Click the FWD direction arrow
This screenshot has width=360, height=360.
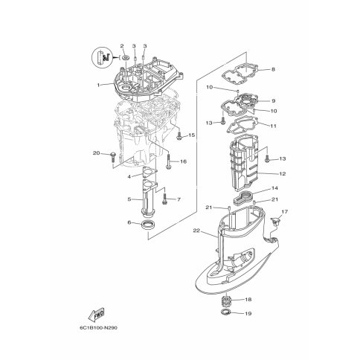[x=96, y=315]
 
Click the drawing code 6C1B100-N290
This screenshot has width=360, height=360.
[x=98, y=328]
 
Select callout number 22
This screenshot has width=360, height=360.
[x=196, y=231]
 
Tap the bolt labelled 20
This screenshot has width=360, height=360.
[x=112, y=156]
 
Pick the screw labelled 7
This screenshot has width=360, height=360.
[x=164, y=199]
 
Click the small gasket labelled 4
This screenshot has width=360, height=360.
[x=150, y=173]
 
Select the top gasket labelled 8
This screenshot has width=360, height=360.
[x=240, y=73]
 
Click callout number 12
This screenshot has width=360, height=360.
[x=283, y=173]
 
